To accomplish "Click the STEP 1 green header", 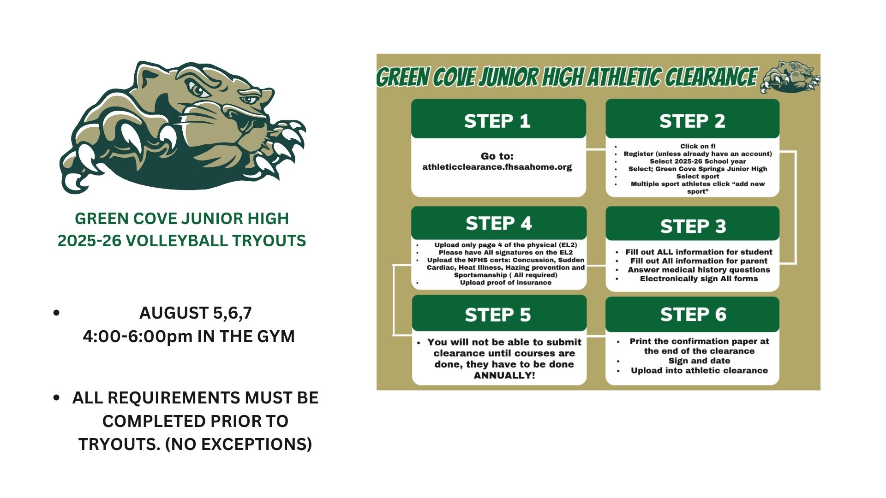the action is (498, 119).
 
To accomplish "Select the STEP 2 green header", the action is (692, 119).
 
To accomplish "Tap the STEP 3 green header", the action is (692, 224).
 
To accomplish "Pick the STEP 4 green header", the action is (499, 223).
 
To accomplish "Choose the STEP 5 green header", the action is (499, 314).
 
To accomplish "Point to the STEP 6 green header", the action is (692, 314).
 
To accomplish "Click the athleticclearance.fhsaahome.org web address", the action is (497, 167).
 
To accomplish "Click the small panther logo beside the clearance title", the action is (790, 77).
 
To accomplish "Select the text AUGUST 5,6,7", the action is (196, 313).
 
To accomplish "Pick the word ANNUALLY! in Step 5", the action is (504, 375).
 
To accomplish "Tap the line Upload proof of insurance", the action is (506, 283).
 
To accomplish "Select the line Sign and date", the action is (699, 361).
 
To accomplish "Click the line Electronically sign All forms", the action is (699, 279).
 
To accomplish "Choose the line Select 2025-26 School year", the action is (698, 161).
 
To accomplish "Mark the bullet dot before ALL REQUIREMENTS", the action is (57, 397).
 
